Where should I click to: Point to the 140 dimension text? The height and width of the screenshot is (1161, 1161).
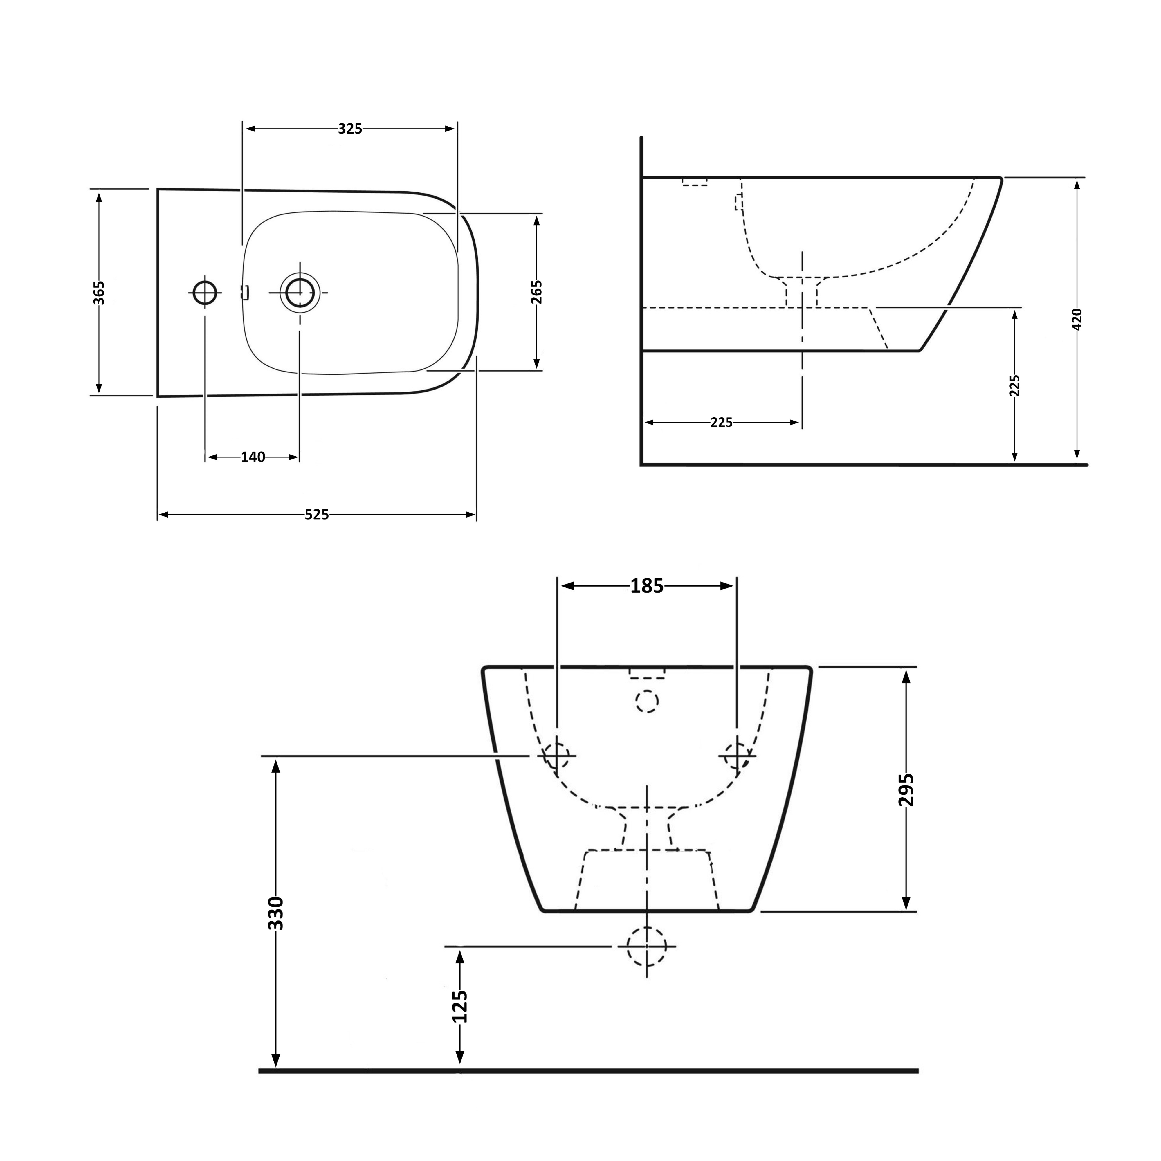(x=253, y=457)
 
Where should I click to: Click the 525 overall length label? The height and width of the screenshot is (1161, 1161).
(x=317, y=514)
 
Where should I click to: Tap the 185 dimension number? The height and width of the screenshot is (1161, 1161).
(x=647, y=586)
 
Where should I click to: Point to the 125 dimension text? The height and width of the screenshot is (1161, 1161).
(x=460, y=1006)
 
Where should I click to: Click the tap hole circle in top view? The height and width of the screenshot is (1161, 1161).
(x=205, y=293)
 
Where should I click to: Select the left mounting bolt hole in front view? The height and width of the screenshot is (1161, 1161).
(x=556, y=755)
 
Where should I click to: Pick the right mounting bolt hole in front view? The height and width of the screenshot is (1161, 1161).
(x=737, y=755)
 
